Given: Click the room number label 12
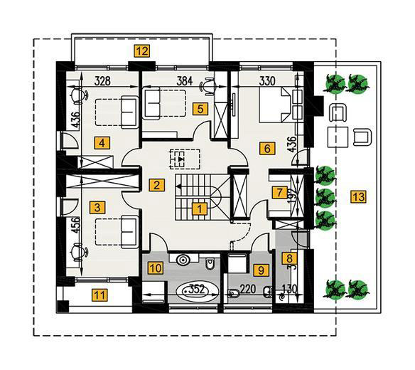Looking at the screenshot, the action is (x=142, y=51).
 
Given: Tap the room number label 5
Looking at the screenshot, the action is (x=200, y=109).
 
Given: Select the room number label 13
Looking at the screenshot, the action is (x=359, y=196).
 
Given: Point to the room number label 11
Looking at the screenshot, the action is (x=99, y=295).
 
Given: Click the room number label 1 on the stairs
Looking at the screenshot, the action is (x=200, y=208).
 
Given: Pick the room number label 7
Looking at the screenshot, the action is (x=280, y=192).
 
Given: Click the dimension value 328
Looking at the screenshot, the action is (x=102, y=80).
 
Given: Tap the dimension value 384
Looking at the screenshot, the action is (x=185, y=81).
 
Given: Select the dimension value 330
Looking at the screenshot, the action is (x=267, y=81).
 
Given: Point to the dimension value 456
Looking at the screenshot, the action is (x=76, y=225).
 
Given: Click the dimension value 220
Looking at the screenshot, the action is (x=247, y=289).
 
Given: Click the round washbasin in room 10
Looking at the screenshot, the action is (x=183, y=260).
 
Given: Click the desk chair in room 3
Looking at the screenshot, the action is (x=79, y=251).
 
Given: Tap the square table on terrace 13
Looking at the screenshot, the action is (x=338, y=137).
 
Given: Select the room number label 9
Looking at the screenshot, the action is (x=261, y=270).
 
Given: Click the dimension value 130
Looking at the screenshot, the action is (x=289, y=289).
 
